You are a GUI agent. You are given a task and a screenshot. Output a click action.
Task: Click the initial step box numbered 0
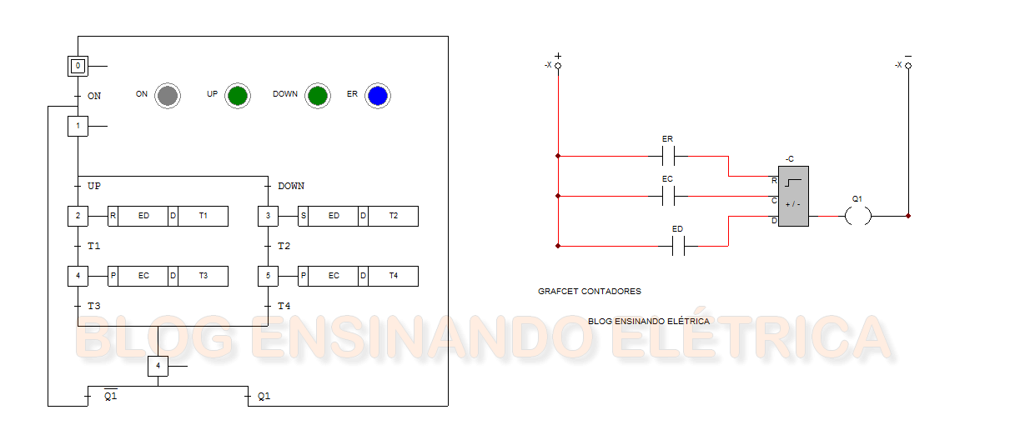click(78, 66)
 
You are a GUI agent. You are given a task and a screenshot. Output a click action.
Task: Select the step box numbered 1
click(78, 127)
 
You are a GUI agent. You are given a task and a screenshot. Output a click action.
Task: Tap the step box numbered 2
click(78, 217)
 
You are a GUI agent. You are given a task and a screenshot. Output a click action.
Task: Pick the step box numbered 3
click(268, 217)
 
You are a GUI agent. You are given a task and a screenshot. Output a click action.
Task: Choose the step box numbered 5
click(268, 276)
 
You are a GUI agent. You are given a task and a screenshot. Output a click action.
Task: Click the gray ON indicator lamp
click(168, 96)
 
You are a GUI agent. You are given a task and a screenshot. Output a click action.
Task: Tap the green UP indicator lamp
click(238, 96)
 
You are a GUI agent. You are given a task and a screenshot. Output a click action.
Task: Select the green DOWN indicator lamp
click(317, 96)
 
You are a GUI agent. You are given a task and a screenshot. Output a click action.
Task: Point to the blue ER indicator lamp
click(378, 96)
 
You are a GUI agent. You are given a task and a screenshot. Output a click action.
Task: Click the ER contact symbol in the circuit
click(667, 156)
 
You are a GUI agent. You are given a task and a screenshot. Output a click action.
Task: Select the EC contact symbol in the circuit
click(667, 197)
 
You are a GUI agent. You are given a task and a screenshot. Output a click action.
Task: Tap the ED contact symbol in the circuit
click(678, 247)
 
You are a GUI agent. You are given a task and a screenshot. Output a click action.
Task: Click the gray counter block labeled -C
click(793, 197)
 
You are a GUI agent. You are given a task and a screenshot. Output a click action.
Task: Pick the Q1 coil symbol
click(857, 217)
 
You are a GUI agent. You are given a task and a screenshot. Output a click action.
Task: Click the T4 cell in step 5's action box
click(393, 276)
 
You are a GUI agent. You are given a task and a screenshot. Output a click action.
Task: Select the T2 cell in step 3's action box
click(393, 217)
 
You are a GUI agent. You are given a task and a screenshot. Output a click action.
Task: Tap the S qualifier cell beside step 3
click(303, 217)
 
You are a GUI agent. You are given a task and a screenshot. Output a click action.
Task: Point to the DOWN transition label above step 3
click(291, 187)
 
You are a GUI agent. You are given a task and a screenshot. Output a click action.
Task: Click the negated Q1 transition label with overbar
click(110, 397)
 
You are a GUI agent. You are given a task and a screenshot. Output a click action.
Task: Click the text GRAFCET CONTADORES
click(590, 292)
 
